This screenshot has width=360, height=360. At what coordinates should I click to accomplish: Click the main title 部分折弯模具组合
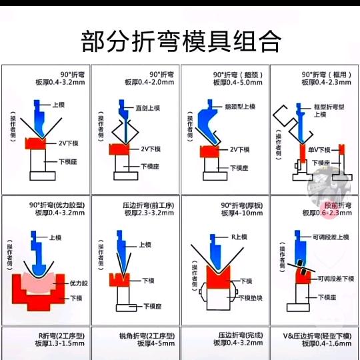pos(180,42)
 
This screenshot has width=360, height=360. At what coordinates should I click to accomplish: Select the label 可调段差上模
pos(331,237)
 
